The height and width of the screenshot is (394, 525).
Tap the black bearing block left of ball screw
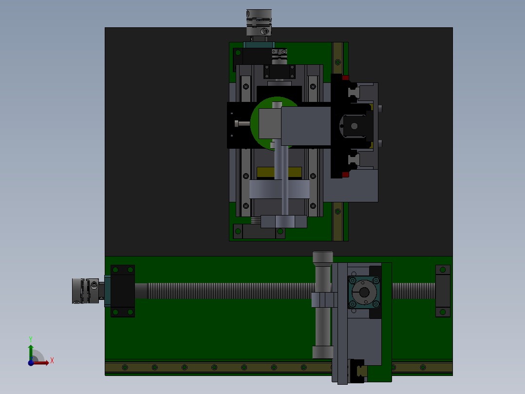point(122,291)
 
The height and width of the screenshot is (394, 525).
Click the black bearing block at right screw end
point(443,291)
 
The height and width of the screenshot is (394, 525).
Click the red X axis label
point(52,360)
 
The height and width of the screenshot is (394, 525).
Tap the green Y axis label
point(30,338)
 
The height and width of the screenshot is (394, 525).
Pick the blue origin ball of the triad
point(31,363)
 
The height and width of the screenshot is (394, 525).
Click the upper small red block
point(345,78)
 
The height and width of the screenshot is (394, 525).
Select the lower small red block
point(345,175)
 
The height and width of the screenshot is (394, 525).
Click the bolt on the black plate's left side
point(242,123)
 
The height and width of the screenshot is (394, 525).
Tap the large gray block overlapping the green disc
point(306,126)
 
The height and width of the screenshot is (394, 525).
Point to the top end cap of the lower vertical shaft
point(323,257)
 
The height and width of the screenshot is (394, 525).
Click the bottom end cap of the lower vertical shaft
point(322,352)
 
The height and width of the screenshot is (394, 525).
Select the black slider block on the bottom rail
point(358,371)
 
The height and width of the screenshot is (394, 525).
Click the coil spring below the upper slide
point(256,220)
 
